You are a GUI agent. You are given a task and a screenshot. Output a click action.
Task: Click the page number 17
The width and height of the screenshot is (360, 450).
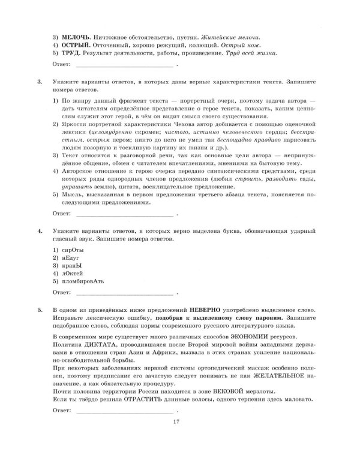click(x=175, y=423)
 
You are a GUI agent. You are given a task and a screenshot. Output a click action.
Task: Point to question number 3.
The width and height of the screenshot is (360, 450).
click(x=40, y=80)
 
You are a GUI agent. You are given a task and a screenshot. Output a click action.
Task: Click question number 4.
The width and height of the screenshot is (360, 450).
click(x=40, y=230)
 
